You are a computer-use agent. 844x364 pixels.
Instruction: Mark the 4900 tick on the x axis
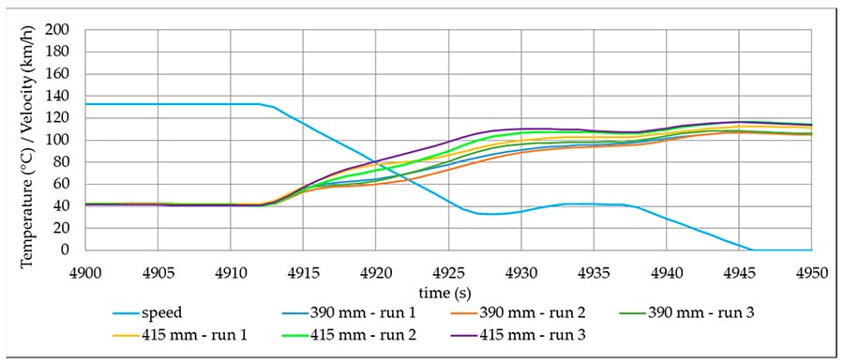(x=85, y=269)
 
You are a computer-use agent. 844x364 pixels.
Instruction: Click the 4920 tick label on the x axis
(x=375, y=269)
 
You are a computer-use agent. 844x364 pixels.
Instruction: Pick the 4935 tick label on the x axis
(x=593, y=269)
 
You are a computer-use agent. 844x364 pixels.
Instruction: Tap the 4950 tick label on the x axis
(x=810, y=269)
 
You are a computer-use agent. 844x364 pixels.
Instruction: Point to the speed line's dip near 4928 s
(x=488, y=214)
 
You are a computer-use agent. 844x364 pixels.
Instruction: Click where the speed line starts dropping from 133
(x=261, y=104)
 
